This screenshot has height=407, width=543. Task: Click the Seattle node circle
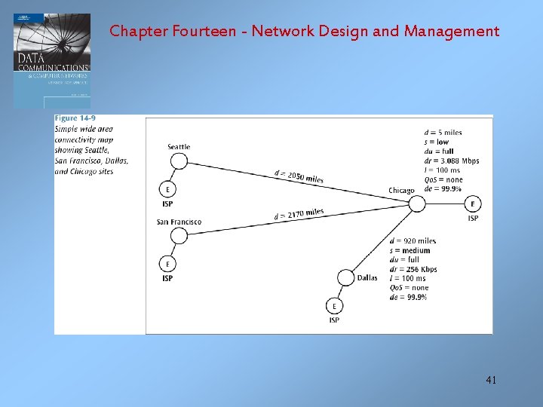179,161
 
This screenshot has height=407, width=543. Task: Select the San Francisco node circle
179,236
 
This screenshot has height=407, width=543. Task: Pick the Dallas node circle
345,277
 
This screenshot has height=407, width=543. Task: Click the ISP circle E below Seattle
167,189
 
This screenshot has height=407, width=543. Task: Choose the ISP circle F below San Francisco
167,264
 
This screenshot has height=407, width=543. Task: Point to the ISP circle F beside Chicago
473,204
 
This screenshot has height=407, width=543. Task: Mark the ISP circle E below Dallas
334,306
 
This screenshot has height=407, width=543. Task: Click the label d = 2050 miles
299,176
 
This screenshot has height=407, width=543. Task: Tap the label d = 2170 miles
299,215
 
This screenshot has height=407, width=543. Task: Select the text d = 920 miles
413,241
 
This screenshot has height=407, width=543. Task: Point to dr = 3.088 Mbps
452,161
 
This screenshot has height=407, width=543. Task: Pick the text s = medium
410,250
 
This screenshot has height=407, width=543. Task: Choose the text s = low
437,142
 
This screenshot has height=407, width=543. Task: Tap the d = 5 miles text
443,133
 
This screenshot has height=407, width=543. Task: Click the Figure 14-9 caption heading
76,119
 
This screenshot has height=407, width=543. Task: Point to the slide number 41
491,381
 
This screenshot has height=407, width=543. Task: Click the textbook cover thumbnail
52,60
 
